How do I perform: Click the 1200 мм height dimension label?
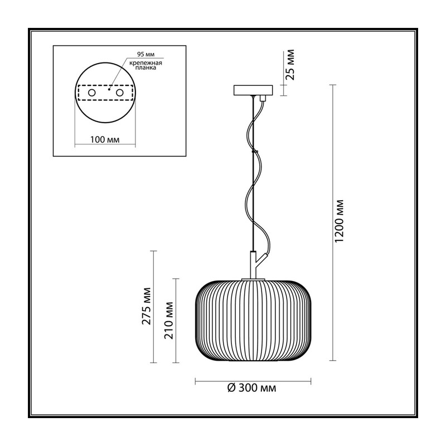[x=340, y=221]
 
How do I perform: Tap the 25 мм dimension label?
[x=290, y=65]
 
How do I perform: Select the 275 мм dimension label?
[x=147, y=306]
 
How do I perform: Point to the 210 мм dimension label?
[x=169, y=320]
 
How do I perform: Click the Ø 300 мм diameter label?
[x=252, y=387]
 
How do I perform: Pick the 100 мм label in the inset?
[x=105, y=140]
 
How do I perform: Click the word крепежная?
[x=146, y=63]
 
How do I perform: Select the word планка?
[x=146, y=68]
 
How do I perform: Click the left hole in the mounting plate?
[x=91, y=93]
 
